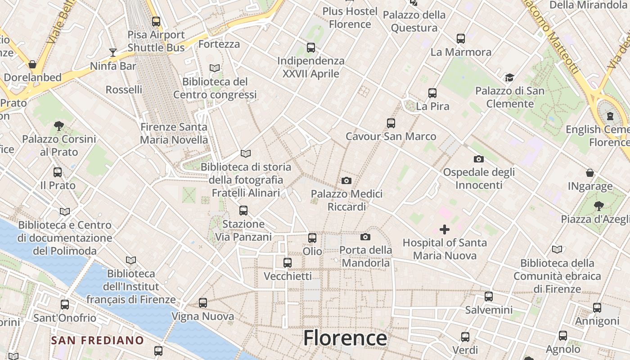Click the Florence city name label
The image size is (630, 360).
[x=345, y=338]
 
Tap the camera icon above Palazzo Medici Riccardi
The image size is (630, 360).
[x=346, y=180]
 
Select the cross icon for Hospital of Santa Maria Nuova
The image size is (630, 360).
[x=445, y=229]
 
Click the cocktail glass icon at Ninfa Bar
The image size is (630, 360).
[x=112, y=53]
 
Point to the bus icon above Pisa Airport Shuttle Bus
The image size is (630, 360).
[x=156, y=21]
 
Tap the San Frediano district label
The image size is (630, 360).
[x=97, y=340]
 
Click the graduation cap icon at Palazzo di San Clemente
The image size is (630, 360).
[x=509, y=77]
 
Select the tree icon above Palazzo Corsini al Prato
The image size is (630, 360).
[x=58, y=126]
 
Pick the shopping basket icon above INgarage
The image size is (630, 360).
[x=590, y=173]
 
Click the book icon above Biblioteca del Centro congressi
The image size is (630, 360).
[x=215, y=68]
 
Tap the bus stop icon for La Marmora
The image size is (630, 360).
[x=461, y=39]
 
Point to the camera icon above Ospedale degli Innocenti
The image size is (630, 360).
[x=479, y=159]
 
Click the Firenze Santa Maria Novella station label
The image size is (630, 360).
[x=174, y=133]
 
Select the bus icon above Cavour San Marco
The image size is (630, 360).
[x=391, y=123]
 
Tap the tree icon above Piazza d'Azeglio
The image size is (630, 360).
[x=598, y=206]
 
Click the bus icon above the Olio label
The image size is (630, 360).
[x=312, y=238]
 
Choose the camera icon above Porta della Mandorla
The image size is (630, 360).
[x=365, y=237]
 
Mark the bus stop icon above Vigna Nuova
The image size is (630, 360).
[x=203, y=303]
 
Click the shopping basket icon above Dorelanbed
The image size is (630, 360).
[x=32, y=64]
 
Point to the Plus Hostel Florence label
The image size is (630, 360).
[x=350, y=17]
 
